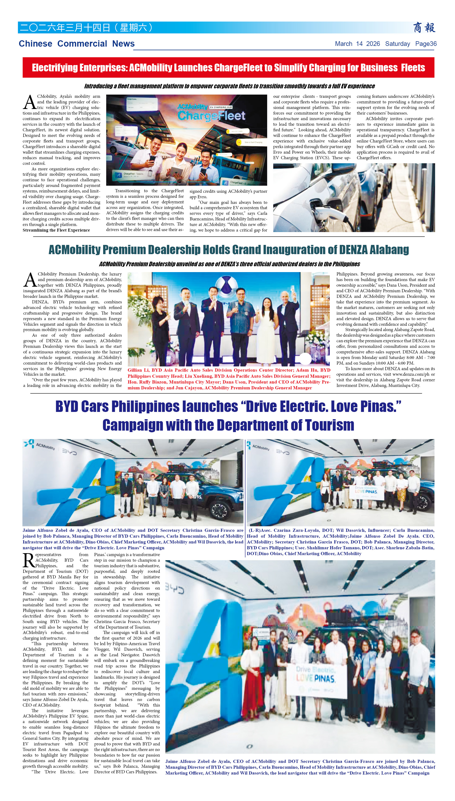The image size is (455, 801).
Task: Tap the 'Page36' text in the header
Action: [426, 44]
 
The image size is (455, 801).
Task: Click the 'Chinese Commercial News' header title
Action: [77, 44]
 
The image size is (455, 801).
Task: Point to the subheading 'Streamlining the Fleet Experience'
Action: [56, 230]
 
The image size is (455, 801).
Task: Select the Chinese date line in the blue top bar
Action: [86, 27]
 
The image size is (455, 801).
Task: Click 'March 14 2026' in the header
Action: [357, 44]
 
